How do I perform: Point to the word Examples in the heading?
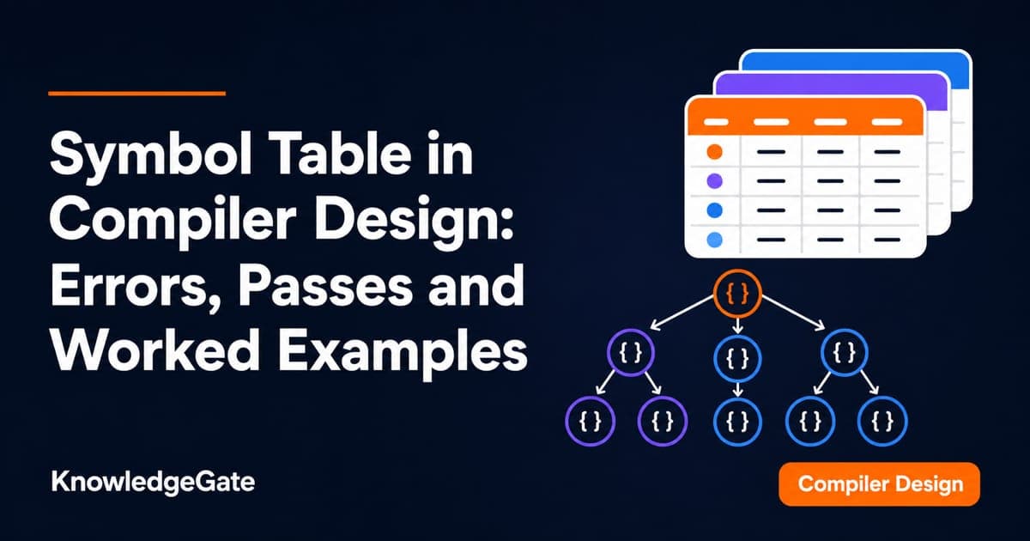point(403,353)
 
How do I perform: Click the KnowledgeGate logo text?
point(153,483)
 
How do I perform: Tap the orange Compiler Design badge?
point(880,484)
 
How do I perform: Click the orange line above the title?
point(137,94)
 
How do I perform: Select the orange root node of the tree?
point(737,294)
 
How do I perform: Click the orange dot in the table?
point(714,152)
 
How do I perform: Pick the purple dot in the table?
point(714,181)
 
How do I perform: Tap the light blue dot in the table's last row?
point(714,240)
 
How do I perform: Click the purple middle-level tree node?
point(631,353)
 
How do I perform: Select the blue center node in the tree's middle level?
point(737,359)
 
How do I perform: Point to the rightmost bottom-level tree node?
point(882,421)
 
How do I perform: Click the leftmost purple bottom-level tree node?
point(590,421)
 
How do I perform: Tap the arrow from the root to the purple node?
point(682,313)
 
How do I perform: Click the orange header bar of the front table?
point(804,117)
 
